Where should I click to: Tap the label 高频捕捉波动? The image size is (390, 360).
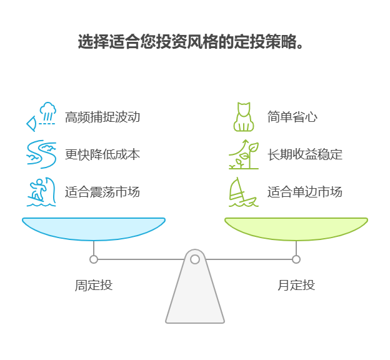click(102, 117)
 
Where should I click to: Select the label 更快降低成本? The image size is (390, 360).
click(102, 154)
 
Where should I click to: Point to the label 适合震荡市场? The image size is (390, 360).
click(102, 192)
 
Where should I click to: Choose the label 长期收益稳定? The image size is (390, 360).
click(305, 154)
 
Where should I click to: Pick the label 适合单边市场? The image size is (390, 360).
click(305, 192)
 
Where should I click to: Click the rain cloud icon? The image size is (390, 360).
click(41, 117)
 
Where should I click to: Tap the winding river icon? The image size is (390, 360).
click(41, 154)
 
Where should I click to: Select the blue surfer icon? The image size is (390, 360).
click(41, 192)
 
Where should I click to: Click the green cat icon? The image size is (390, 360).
click(244, 117)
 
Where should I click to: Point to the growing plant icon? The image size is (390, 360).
click(244, 154)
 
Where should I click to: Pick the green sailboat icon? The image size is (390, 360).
click(244, 192)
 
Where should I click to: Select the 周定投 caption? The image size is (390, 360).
click(94, 285)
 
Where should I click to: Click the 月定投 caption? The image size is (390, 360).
click(296, 285)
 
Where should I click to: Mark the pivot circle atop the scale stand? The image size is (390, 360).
click(195, 259)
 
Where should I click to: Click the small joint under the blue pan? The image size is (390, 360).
click(94, 259)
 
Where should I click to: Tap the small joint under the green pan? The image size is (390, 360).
click(296, 259)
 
